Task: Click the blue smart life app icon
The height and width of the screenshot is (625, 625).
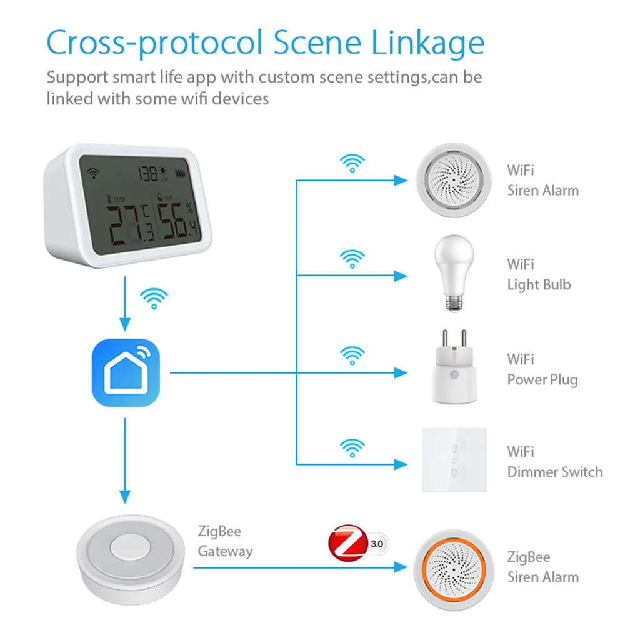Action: (126, 373)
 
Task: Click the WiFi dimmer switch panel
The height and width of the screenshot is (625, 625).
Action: (454, 459)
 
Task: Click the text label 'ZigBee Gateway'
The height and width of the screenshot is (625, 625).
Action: (225, 541)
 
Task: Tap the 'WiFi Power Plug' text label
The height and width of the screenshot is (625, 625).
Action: (542, 369)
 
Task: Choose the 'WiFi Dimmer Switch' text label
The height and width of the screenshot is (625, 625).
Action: (554, 462)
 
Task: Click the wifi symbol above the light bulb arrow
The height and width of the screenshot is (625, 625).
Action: (352, 257)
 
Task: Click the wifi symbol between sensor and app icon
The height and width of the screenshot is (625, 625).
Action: (154, 299)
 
